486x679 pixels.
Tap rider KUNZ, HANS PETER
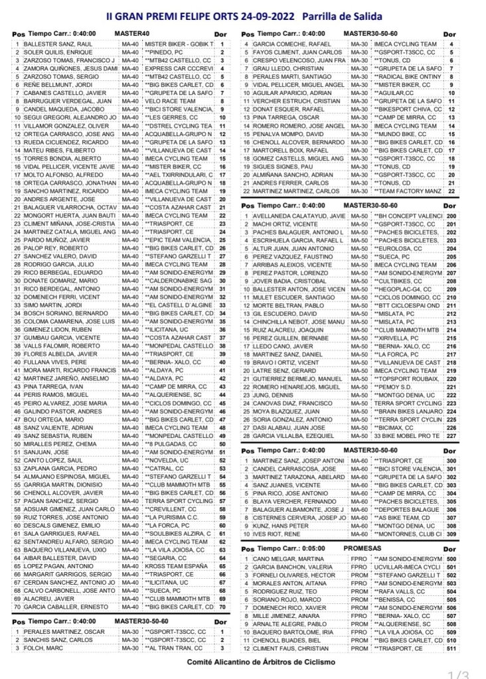(x=283, y=525)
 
